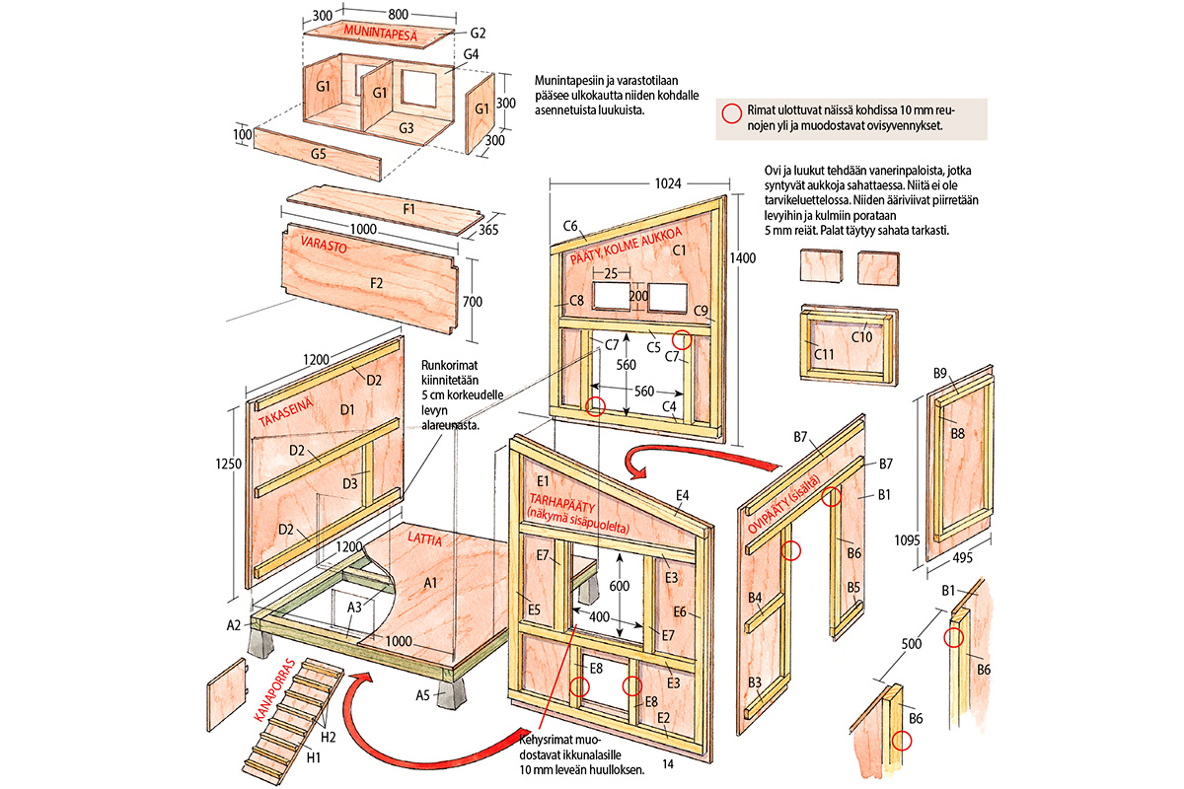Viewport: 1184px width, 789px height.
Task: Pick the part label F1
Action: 380,209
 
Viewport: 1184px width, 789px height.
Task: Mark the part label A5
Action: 422,695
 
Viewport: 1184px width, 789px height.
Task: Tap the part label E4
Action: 682,495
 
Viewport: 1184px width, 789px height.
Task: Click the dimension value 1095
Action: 907,539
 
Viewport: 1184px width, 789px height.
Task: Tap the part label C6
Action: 570,226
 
